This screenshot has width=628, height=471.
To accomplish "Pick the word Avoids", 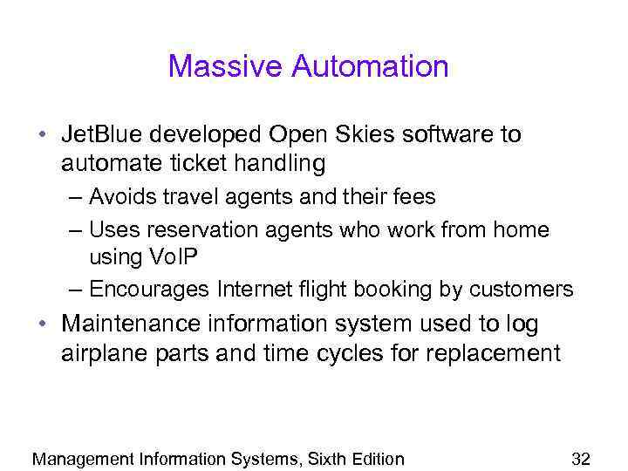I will (x=122, y=198).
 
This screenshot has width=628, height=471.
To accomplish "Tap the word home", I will (x=522, y=230).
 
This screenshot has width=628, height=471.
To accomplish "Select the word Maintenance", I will (x=130, y=324).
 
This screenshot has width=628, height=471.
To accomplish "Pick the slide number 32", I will (x=580, y=459).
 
